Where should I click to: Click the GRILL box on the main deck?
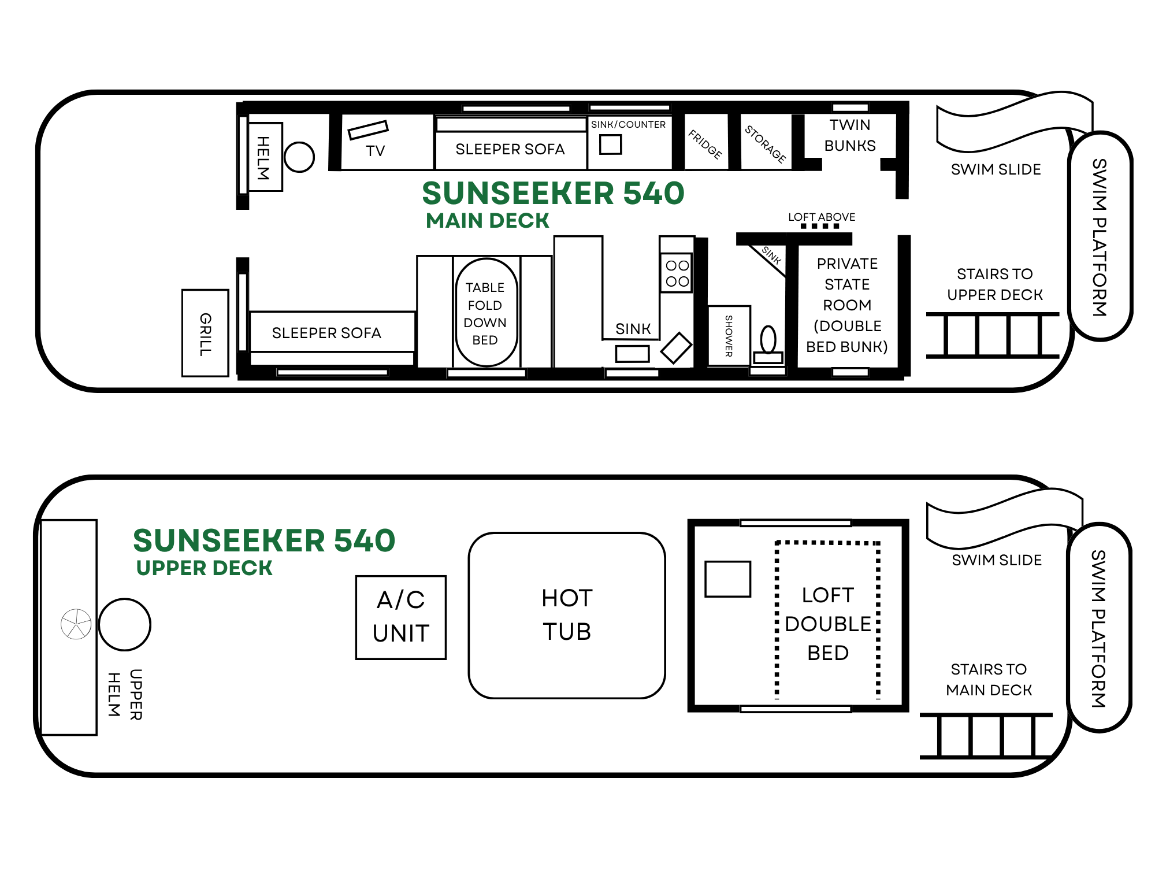click(205, 333)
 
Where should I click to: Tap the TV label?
click(375, 151)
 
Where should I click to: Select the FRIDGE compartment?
click(706, 142)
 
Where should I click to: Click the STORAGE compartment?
click(766, 142)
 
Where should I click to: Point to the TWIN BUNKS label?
click(850, 135)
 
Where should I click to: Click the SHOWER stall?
click(729, 336)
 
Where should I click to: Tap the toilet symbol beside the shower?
click(768, 345)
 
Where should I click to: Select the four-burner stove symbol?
click(677, 273)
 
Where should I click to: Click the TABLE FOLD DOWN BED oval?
click(486, 313)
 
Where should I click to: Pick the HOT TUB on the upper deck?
click(567, 616)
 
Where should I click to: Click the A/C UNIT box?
click(401, 617)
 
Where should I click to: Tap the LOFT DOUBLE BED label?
click(828, 624)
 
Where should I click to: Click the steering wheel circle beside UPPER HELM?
click(125, 624)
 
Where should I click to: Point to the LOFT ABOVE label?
click(822, 217)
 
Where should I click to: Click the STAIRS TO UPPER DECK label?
click(995, 284)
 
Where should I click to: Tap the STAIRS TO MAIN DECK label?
click(989, 680)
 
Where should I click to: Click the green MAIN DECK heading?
click(488, 221)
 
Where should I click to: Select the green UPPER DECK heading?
click(204, 568)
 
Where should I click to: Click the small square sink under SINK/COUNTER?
click(610, 144)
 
